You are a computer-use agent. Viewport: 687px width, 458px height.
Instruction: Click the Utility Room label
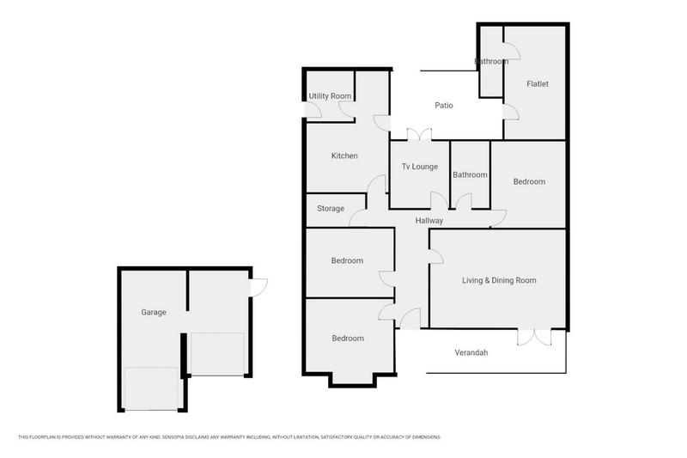331,95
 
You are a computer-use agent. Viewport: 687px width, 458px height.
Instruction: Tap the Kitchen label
344,156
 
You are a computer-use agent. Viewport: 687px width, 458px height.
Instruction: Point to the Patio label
443,106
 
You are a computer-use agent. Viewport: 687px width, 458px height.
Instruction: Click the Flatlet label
538,84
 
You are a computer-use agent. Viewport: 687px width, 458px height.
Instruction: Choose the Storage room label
331,209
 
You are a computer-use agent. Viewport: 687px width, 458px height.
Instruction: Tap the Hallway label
429,221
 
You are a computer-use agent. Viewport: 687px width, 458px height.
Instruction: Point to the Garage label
154,312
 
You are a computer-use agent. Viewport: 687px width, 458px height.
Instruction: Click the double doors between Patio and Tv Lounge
419,135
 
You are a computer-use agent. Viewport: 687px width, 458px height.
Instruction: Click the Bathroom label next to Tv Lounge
470,174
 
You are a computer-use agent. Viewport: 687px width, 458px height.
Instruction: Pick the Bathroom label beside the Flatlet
492,62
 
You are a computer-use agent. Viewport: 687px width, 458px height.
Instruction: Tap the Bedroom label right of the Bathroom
529,181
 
